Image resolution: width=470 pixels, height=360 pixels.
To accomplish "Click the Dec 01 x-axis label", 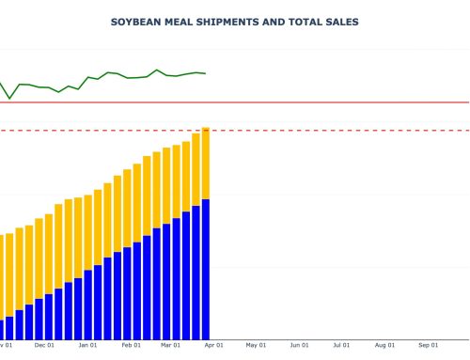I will (44, 345).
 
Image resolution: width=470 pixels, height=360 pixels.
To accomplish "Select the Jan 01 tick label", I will (87, 345).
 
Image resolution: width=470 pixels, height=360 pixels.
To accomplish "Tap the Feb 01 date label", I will (131, 345).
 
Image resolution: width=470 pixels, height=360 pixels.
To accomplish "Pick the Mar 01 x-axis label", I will (170, 345).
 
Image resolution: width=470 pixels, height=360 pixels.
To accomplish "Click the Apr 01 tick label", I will (213, 345).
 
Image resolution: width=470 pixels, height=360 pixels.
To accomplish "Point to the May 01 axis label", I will (256, 345).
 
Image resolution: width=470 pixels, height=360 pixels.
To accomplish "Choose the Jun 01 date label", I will (299, 345).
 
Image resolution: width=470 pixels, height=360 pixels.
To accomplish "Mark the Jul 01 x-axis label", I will (340, 345).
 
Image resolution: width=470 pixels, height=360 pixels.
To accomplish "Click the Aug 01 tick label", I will (384, 345).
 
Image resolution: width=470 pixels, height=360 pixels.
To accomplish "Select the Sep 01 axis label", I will (427, 345).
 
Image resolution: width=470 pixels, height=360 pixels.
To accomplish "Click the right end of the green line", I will (206, 73).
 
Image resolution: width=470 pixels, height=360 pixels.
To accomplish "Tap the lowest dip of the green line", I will (9, 98).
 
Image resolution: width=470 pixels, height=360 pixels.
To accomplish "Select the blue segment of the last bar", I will (205, 269).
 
